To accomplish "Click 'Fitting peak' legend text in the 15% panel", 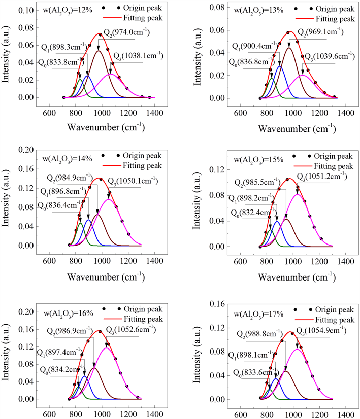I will point(332,166).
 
